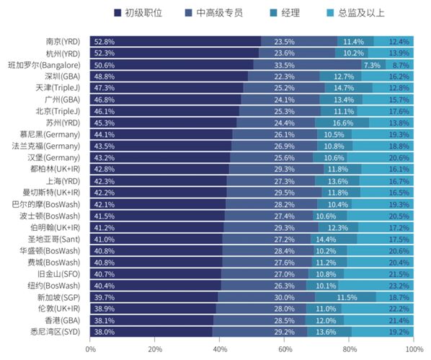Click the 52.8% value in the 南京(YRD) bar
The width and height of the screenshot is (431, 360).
click(x=104, y=41)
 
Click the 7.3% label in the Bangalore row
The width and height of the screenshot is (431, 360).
click(x=371, y=65)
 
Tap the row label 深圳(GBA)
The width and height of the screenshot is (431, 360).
click(x=64, y=76)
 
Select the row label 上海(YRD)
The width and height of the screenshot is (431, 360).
click(x=65, y=181)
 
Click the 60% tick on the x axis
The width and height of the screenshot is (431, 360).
click(x=285, y=348)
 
